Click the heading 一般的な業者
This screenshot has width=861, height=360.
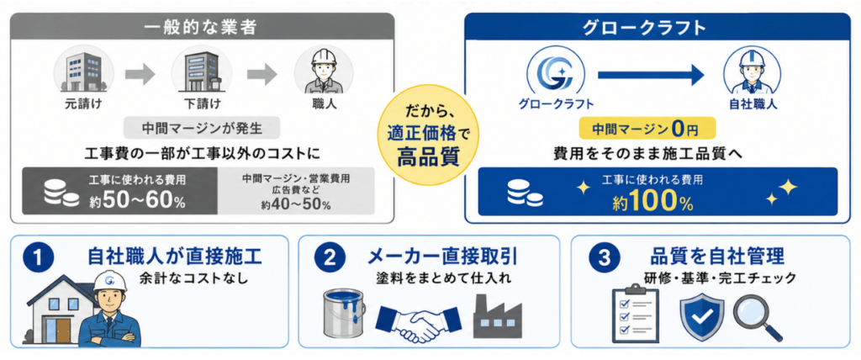(x=202, y=28)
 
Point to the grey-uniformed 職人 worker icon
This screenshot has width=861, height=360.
(x=324, y=70)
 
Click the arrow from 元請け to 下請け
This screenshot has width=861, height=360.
(x=140, y=75)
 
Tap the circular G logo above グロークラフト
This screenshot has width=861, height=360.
(x=555, y=71)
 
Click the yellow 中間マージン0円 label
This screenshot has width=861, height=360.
(x=648, y=130)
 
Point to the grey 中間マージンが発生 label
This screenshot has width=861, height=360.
(x=203, y=129)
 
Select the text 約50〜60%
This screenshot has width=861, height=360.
(x=137, y=201)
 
